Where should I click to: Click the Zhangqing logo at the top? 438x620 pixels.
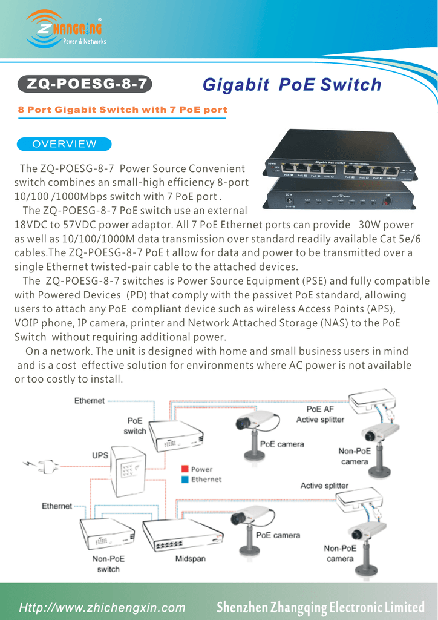[x=65, y=29]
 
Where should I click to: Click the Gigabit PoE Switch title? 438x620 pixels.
[x=292, y=85]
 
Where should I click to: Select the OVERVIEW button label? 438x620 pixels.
[x=64, y=144]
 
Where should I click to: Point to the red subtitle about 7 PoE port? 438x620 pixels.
[x=122, y=110]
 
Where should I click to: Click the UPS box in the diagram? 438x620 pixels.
[x=128, y=470]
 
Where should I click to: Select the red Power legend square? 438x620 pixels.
[x=184, y=469]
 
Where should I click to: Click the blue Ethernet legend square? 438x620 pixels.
[x=184, y=479]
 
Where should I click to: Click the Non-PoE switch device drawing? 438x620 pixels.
[x=107, y=533]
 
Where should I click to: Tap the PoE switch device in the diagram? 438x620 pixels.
[x=176, y=435]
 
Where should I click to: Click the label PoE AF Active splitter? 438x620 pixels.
[x=319, y=415]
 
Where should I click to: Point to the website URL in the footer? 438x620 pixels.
[x=102, y=607]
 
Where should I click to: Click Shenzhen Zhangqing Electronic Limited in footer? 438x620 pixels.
[x=321, y=607]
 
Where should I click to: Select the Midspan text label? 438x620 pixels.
[x=190, y=559]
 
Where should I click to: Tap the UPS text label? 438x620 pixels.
[x=100, y=455]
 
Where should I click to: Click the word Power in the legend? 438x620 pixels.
[x=201, y=469]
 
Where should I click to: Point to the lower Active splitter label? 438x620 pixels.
[x=324, y=486]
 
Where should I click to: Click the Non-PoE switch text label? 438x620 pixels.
[x=108, y=564]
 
